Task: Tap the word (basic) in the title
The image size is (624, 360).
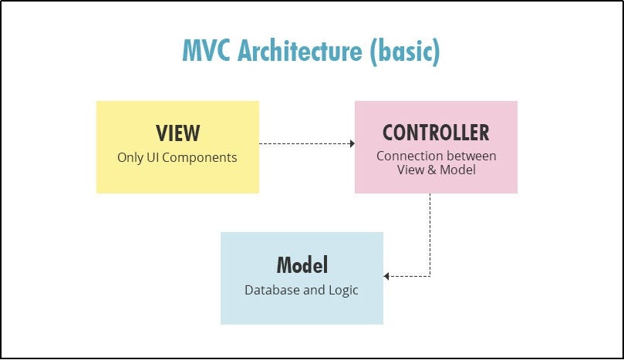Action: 405,51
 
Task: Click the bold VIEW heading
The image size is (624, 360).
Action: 177,133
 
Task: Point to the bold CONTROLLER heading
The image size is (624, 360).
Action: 436,133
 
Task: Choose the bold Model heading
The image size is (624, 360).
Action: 302,265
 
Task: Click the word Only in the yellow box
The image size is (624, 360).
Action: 130,157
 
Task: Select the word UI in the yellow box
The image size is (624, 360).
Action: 155,157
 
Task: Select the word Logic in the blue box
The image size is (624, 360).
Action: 342,291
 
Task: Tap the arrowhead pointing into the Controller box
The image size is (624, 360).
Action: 352,143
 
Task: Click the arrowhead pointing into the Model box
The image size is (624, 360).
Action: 386,276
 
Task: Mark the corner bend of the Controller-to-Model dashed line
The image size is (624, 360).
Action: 430,276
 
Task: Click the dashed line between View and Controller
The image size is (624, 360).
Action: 305,143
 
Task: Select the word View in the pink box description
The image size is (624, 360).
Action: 411,170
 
